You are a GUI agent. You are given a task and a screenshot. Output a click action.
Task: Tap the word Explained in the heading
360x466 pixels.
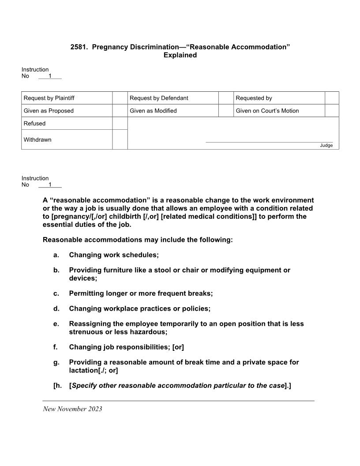180,55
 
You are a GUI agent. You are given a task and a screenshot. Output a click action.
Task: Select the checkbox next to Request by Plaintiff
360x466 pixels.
120,98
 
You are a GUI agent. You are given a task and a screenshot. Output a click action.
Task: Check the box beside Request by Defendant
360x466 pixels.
226,98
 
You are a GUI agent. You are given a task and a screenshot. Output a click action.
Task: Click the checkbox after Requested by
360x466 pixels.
332,98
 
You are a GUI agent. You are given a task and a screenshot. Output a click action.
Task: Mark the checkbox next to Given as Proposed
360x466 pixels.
120,111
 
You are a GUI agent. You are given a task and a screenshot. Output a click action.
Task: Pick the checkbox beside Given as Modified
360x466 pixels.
226,111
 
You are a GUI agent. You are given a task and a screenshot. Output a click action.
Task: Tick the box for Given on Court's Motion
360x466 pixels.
332,111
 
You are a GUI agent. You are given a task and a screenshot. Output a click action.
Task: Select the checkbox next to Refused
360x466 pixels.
120,124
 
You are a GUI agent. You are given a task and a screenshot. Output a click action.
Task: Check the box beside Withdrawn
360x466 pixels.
120,139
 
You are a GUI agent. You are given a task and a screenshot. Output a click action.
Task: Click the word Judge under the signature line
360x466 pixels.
326,146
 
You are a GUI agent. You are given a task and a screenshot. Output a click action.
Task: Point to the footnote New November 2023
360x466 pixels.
72,409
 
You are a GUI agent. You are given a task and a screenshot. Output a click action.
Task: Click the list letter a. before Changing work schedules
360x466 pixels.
56,255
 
